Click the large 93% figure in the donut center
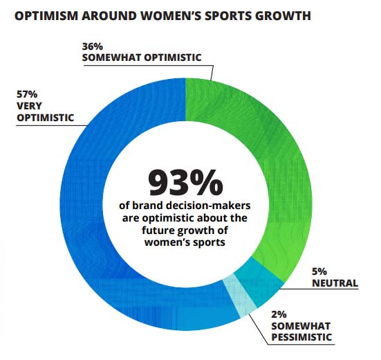185,181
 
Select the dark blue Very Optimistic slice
90,208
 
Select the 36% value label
92,45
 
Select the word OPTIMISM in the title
48,15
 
